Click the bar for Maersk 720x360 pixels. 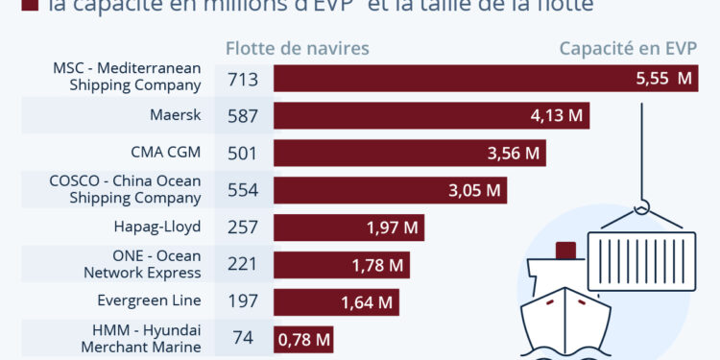(431, 116)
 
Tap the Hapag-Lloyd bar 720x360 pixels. (348, 228)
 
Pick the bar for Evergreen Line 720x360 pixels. (336, 302)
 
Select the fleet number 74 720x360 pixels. (244, 338)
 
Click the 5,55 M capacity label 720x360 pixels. (663, 80)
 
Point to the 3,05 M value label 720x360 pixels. (474, 191)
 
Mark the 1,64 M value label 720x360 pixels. (367, 302)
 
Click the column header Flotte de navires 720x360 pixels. (297, 49)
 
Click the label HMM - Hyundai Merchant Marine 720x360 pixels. (144, 338)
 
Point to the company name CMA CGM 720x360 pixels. (166, 153)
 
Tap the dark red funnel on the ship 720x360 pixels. (566, 251)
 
